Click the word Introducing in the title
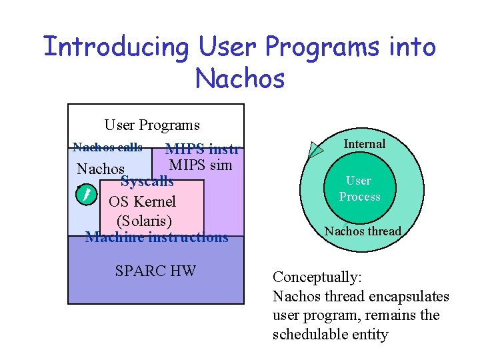pyautogui.click(x=117, y=48)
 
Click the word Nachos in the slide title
pyautogui.click(x=240, y=79)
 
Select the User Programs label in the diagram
pyautogui.click(x=152, y=125)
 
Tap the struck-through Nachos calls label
pyautogui.click(x=107, y=147)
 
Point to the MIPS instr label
pyautogui.click(x=202, y=149)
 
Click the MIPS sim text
pyautogui.click(x=200, y=165)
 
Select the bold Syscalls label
pyautogui.click(x=147, y=181)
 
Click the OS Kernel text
pyautogui.click(x=142, y=201)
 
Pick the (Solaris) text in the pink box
pyautogui.click(x=144, y=220)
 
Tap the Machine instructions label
pyautogui.click(x=157, y=237)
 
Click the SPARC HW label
pyautogui.click(x=155, y=270)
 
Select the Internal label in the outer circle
pyautogui.click(x=364, y=144)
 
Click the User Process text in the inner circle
pyautogui.click(x=359, y=189)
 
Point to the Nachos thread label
pyautogui.click(x=363, y=231)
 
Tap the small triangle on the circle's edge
pyautogui.click(x=314, y=151)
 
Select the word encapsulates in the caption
pyautogui.click(x=409, y=296)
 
